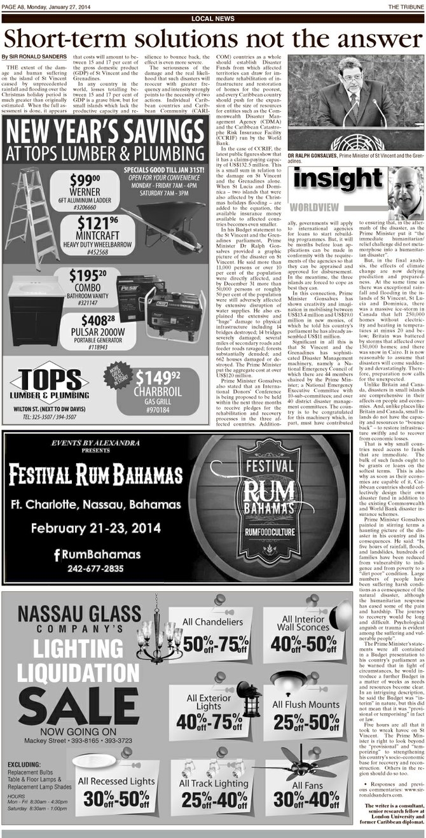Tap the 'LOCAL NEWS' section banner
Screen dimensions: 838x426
(212, 19)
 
